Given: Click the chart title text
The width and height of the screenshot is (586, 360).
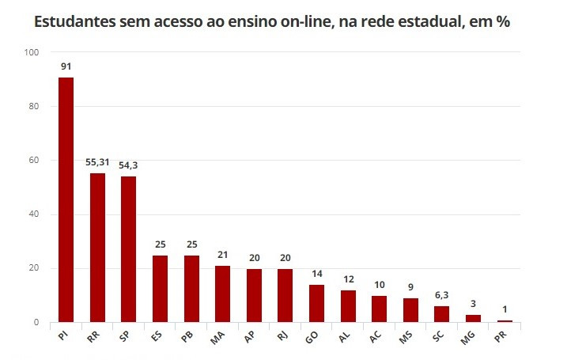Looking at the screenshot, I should (272, 22).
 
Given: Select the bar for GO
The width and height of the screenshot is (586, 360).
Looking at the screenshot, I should (316, 304).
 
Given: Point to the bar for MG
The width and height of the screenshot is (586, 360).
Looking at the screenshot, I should (473, 318).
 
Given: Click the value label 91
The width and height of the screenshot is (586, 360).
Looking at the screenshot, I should (66, 66).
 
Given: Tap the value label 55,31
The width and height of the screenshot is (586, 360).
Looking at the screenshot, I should (97, 162).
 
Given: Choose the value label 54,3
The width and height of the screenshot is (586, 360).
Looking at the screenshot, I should (128, 165).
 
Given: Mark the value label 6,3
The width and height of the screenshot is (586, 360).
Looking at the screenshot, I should (441, 294).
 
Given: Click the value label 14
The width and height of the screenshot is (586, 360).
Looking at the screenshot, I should (316, 273).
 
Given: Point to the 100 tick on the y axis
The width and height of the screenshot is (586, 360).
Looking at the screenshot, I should (32, 53).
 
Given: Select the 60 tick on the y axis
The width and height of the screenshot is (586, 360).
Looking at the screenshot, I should (32, 161).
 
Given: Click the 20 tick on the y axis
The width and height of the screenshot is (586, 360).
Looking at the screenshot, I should (32, 269).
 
